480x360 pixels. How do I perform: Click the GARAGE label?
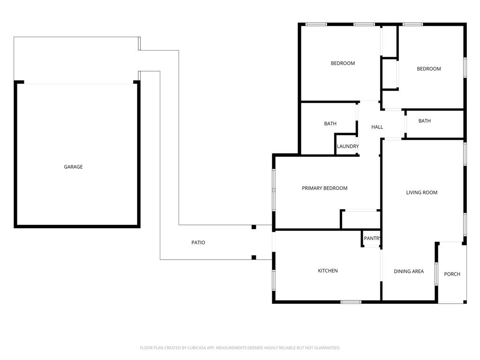pos(73,167)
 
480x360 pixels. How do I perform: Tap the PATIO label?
pos(198,243)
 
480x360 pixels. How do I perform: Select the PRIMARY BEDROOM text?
pos(324,188)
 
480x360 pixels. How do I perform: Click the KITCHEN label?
pos(328,271)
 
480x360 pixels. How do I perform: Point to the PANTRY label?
pos(373,239)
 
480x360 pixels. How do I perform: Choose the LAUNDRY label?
pos(348,147)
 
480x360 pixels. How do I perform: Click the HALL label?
pos(377,127)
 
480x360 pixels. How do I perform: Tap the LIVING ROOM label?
pos(421,193)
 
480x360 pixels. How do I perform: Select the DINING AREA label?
pos(409,271)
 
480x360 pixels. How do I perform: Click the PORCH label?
pos(452,274)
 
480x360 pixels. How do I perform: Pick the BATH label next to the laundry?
pos(330,124)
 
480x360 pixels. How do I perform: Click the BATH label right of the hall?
pos(424,121)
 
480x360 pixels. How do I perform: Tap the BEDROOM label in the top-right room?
pos(428,69)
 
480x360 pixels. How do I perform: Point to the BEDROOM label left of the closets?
pos(343,63)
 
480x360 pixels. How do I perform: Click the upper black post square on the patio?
pos(254,227)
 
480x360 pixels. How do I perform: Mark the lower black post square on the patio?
pos(254,257)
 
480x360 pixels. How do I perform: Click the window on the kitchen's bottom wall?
pos(351,301)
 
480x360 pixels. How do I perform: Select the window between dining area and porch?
pos(436,274)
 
